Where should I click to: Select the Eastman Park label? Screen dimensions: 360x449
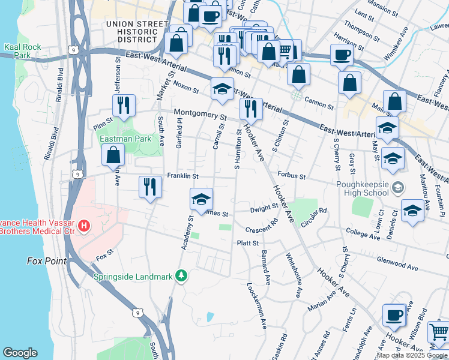[125, 139]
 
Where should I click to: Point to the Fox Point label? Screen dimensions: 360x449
[44, 261]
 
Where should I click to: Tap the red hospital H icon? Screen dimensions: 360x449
[85, 226]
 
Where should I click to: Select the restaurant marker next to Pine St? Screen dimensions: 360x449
[121, 106]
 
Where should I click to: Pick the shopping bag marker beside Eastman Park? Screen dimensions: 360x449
[113, 155]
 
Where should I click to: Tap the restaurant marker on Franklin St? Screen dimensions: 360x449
[150, 186]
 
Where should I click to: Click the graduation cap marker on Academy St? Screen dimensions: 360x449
[202, 200]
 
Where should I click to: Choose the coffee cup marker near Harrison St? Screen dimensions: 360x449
[342, 56]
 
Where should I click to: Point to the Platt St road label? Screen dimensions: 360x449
[247, 243]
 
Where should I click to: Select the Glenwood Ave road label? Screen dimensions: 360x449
[397, 262]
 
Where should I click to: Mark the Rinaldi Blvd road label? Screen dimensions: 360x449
[53, 138]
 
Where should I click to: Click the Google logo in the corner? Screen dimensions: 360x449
[20, 353]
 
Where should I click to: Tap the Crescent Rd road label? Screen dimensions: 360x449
[262, 226]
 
